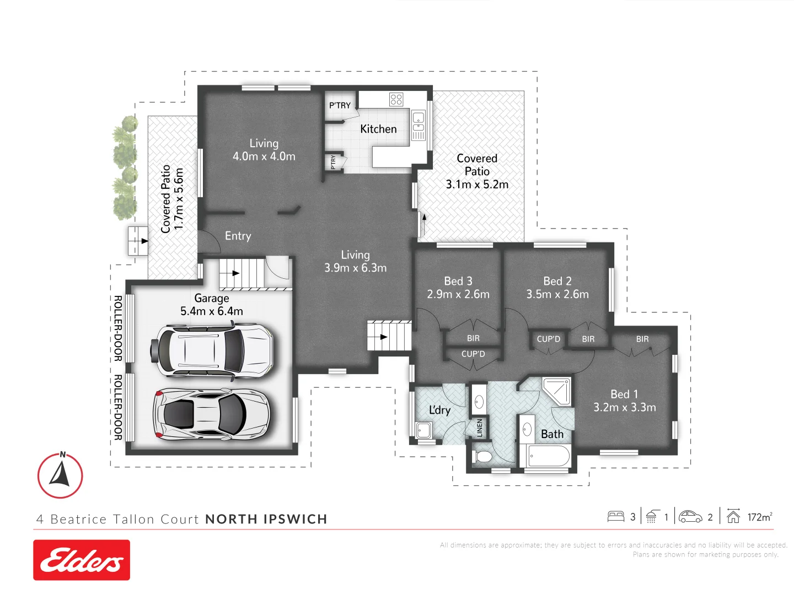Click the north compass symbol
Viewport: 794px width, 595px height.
60,475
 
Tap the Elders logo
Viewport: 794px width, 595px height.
82,560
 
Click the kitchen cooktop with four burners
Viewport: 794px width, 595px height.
396,99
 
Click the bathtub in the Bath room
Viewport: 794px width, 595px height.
549,456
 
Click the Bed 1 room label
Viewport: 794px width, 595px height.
624,394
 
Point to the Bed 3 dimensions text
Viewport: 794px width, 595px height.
458,295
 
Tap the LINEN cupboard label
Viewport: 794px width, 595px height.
479,428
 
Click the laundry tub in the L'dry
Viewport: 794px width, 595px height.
424,430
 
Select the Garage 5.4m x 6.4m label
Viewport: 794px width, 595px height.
212,305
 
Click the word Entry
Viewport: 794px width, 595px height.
238,236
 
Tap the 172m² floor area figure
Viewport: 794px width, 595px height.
759,517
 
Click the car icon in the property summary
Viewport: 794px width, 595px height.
690,517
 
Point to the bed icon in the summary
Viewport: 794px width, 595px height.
615,517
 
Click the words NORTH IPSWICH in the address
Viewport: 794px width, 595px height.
266,519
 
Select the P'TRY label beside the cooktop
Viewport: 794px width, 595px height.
340,105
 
